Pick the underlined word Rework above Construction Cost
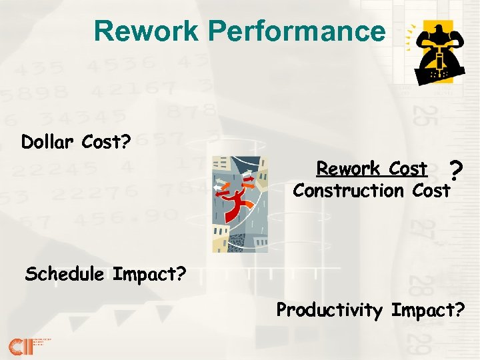click(347, 169)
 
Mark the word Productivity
click(329, 310)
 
